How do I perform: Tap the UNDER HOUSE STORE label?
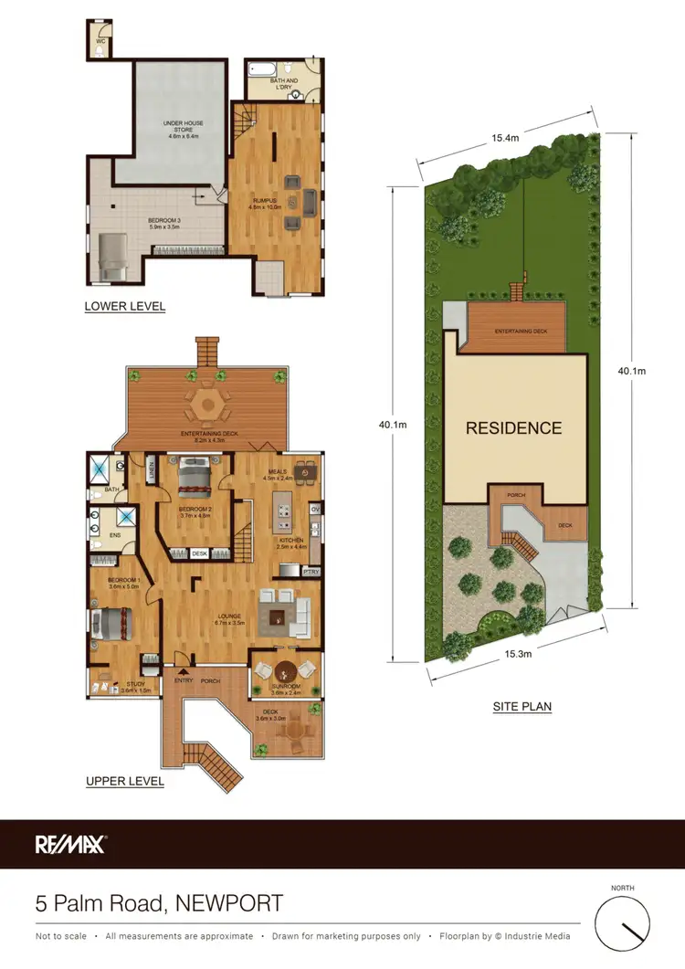[183, 125]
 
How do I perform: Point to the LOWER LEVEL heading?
[125, 307]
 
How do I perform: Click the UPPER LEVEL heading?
[124, 782]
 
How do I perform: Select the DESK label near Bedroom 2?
[200, 553]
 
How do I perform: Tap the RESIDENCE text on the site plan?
[514, 427]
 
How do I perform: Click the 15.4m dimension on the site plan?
[505, 138]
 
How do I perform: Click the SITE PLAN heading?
[523, 706]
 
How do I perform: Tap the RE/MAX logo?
[70, 844]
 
